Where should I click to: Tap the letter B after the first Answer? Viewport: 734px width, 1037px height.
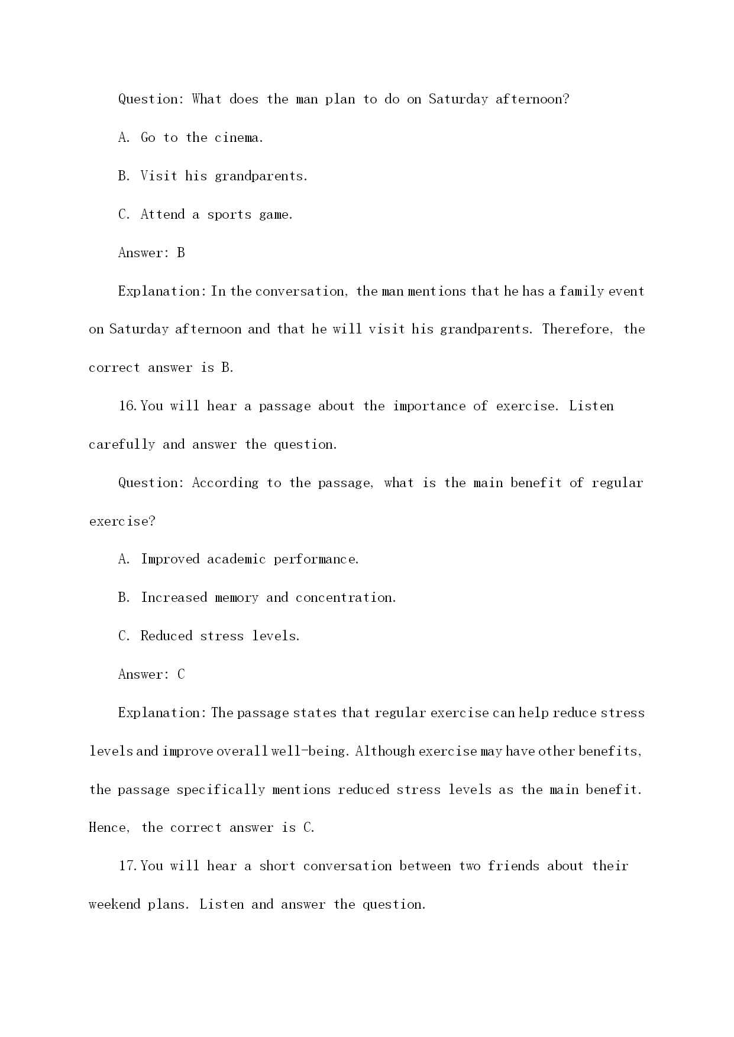[x=181, y=253]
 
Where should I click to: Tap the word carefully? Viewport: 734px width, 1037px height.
[x=122, y=445]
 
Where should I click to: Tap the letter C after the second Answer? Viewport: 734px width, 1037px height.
[x=181, y=675]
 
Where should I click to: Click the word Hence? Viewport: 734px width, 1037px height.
[x=108, y=828]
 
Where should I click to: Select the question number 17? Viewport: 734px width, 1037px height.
[x=128, y=866]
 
